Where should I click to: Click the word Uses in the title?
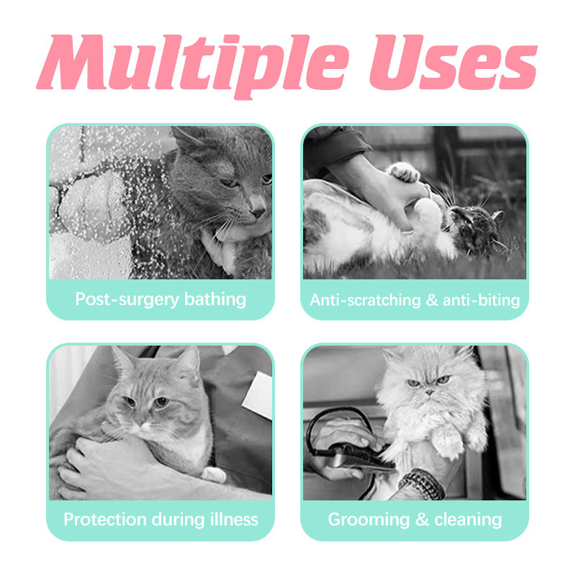[x=453, y=63]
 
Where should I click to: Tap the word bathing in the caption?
[x=215, y=299]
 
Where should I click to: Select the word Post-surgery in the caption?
[x=127, y=300]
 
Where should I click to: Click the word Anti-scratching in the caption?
[x=365, y=300]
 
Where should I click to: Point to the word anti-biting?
[x=481, y=300]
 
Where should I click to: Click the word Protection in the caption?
[x=105, y=519]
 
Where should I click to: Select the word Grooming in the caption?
[x=369, y=520]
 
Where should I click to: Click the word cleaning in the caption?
[x=468, y=519]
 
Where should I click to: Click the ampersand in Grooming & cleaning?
[x=422, y=520]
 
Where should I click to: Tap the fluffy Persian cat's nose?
[x=429, y=392]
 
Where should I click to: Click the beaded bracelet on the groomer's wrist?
[x=423, y=483]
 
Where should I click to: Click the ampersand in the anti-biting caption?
[x=431, y=300]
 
